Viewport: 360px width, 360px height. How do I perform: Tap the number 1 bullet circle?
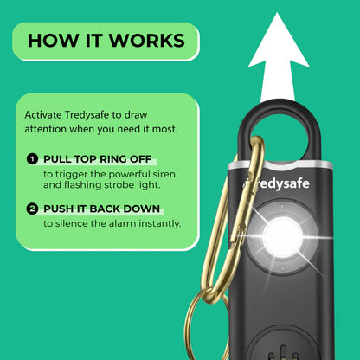(32, 160)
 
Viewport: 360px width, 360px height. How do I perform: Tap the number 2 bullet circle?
(32, 209)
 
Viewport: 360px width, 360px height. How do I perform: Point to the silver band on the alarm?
(277, 162)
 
